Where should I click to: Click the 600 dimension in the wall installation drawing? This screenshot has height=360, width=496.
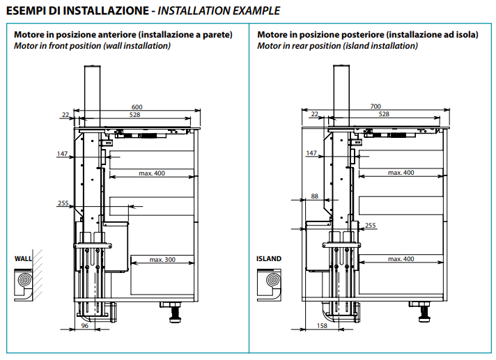point(137,106)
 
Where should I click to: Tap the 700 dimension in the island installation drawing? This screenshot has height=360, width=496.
point(375,106)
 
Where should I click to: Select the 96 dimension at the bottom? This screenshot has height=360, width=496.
point(84,325)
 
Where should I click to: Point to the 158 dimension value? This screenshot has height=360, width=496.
point(322,325)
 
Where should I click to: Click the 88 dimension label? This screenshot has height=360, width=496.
point(314,196)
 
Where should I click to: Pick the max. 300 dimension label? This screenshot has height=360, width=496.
point(162,260)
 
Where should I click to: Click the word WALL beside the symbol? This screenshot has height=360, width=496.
point(24,258)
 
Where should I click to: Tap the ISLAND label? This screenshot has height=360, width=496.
point(268,258)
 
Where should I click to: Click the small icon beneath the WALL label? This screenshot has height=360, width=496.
point(24,282)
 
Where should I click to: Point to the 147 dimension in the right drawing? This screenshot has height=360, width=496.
point(311,154)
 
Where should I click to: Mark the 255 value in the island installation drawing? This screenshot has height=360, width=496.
point(370,225)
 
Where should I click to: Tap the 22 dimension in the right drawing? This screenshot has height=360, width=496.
point(314,114)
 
